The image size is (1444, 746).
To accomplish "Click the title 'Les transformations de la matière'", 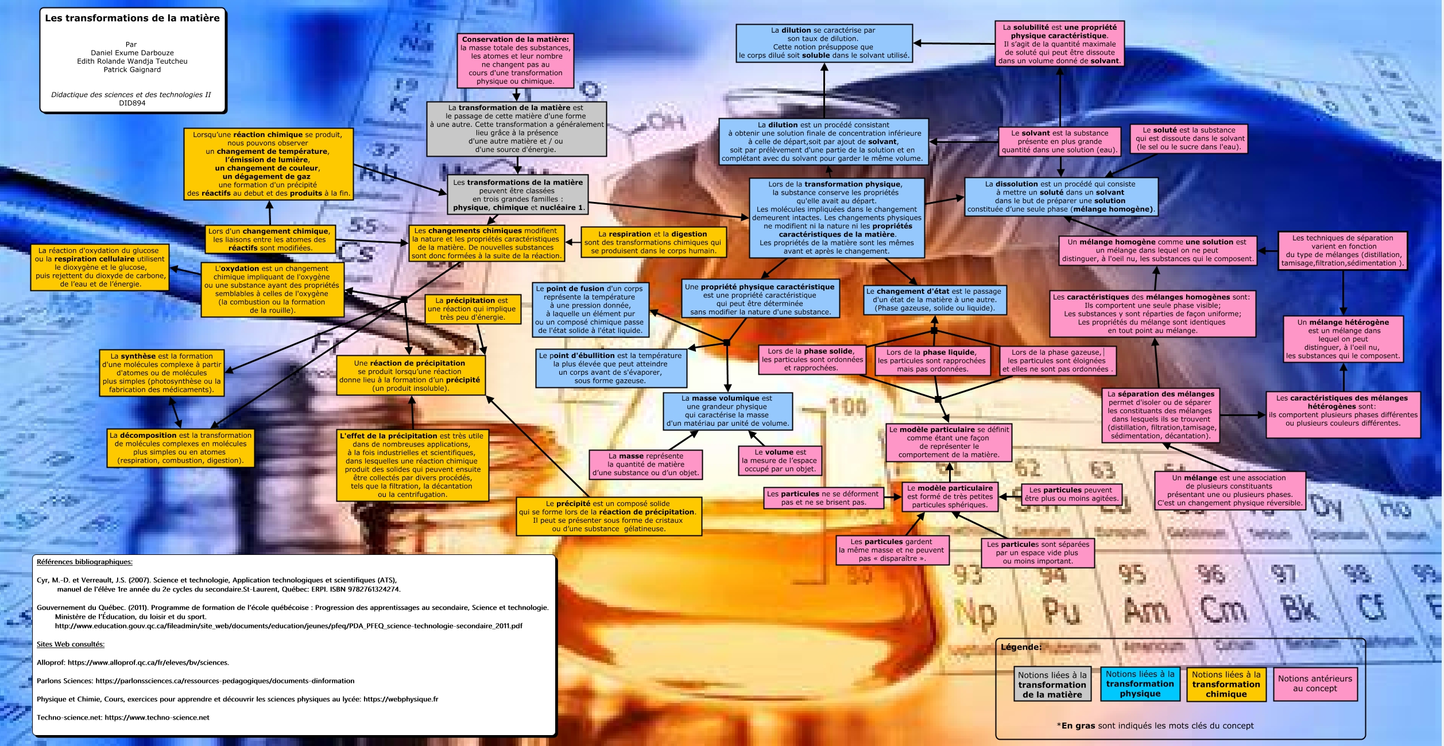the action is point(132,18).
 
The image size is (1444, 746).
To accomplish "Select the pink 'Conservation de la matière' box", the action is point(516,60).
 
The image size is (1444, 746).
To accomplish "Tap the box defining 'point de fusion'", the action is point(590,310).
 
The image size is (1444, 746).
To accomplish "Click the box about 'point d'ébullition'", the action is point(610,368).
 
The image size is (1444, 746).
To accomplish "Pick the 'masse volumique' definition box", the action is point(727,411).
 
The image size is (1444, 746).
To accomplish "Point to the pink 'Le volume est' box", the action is point(780,461).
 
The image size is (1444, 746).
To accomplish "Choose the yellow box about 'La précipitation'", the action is point(472,309).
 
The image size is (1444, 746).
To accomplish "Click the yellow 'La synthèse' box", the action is point(161,373).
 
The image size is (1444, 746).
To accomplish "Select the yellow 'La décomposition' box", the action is point(180,448).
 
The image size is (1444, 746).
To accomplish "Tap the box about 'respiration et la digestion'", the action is point(652,242).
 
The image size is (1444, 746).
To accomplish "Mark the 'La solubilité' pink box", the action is point(1059,44).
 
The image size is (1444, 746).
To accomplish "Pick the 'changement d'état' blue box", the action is point(934,300).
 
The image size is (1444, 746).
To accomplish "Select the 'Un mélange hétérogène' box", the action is point(1343,339).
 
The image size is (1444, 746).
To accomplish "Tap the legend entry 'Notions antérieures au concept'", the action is point(1315,683).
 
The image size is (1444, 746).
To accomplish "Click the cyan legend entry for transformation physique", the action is point(1140,683).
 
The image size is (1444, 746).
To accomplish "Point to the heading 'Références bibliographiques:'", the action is point(84,562).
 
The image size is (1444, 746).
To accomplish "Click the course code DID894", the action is point(132,103).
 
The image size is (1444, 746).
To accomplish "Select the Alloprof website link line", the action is point(133,662).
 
